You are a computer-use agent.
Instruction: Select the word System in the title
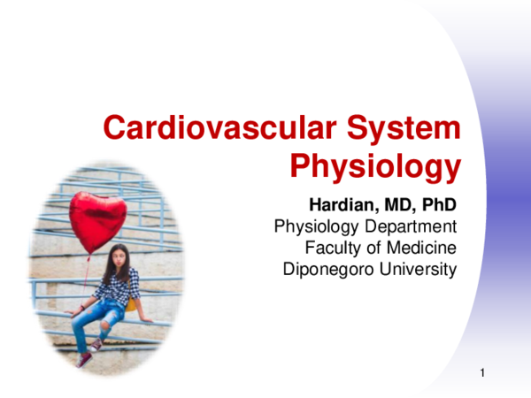[x=404, y=128]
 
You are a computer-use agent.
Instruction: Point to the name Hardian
[x=341, y=207]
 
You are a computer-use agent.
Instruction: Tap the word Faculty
[x=330, y=248]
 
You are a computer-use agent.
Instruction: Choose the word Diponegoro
[x=328, y=268]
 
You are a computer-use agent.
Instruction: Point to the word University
[x=416, y=268]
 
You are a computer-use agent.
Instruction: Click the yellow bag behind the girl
[x=132, y=304]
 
